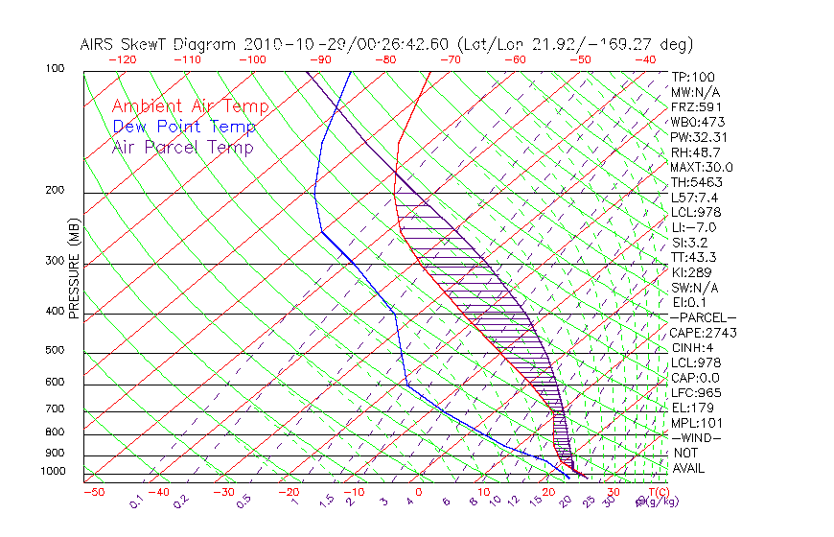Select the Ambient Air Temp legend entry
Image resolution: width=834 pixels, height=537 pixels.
point(190,106)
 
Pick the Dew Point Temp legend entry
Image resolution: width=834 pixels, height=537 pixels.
point(184,127)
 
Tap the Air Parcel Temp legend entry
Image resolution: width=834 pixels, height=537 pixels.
point(182,147)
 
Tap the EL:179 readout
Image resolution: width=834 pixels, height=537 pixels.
point(692,408)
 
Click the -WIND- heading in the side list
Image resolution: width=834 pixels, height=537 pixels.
point(697,437)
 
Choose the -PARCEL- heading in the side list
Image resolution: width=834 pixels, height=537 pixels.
point(704,317)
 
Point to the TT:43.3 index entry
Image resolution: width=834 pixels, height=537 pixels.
point(695,257)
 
